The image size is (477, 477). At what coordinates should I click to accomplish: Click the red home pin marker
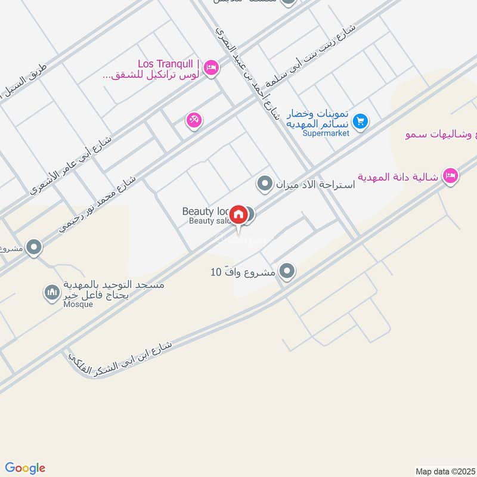tap(238, 214)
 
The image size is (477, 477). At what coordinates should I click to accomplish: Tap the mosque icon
tap(52, 292)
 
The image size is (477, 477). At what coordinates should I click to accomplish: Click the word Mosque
tap(78, 305)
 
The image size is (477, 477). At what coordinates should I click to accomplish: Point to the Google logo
tap(25, 468)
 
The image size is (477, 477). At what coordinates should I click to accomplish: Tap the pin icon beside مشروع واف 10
tap(287, 271)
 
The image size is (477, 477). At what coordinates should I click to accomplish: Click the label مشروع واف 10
tap(243, 272)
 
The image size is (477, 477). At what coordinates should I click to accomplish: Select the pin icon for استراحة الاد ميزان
tap(264, 184)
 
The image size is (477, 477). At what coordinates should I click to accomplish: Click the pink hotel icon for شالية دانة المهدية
tap(451, 175)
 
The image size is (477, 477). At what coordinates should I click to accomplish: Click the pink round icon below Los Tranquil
tap(194, 120)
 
